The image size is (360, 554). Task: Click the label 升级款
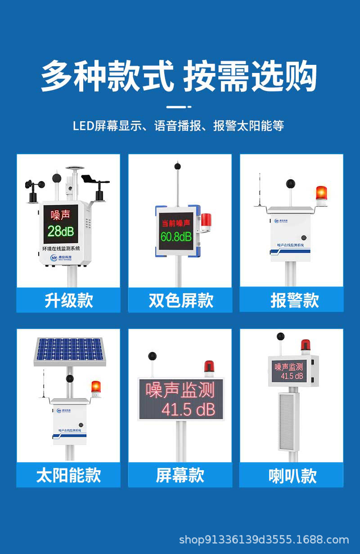tap(68, 300)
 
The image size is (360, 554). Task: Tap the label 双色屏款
tap(180, 300)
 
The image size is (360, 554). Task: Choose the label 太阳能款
tap(68, 475)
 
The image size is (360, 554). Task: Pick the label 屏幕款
tap(180, 475)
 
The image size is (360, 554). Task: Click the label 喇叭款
tap(292, 476)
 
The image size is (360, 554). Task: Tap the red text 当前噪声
tap(176, 223)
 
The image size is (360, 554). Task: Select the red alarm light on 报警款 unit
tap(321, 193)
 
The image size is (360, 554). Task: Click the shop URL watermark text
tap(264, 540)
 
